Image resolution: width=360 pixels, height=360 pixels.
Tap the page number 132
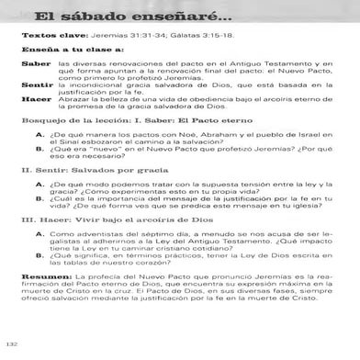(12, 344)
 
